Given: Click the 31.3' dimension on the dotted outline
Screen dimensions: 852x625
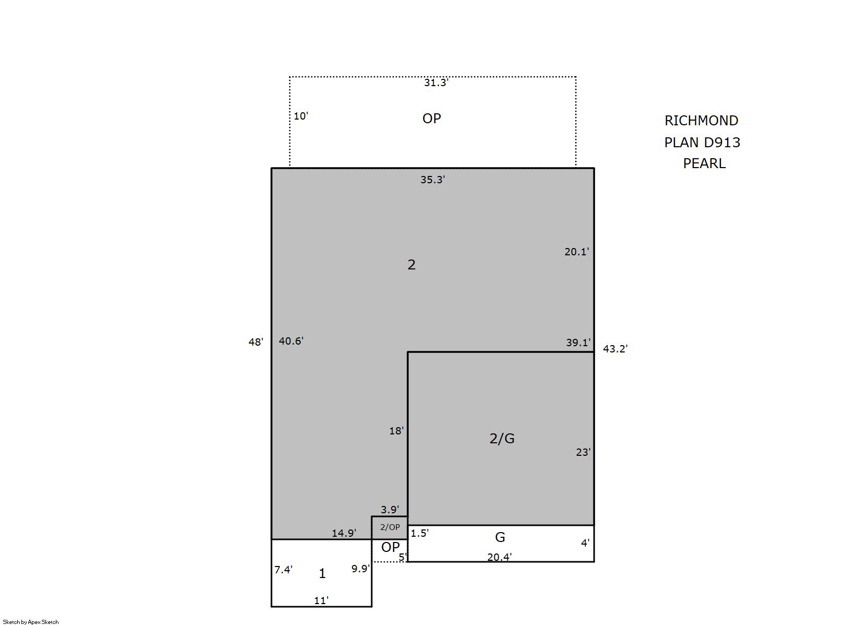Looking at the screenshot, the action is (436, 82).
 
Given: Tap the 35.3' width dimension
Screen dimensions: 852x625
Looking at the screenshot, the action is (432, 180).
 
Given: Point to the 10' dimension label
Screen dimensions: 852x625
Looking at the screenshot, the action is (301, 116).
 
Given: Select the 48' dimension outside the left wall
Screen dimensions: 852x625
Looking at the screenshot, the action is (256, 342).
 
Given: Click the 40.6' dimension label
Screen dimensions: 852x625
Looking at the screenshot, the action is (291, 341).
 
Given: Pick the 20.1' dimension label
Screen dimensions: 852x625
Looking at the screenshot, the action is (577, 252).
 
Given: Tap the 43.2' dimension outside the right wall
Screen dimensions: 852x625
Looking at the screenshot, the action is (615, 348).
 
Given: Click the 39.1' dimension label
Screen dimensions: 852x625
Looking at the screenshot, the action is (578, 343).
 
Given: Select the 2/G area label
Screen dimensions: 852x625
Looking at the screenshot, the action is (502, 439).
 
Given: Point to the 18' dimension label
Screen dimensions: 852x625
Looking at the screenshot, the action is (396, 431).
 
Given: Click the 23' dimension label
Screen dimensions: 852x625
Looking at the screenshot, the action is (583, 452).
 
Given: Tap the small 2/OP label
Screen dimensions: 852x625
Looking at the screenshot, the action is (390, 527).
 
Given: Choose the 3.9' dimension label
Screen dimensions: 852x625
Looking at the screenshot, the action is (390, 510).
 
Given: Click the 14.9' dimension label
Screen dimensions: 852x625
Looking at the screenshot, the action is (344, 533).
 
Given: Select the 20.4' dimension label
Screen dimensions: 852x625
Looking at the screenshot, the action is (500, 557).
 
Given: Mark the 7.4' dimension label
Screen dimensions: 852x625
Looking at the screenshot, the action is (283, 570).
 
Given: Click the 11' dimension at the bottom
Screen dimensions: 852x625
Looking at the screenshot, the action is (321, 600).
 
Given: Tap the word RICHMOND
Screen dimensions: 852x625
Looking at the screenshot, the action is (701, 121).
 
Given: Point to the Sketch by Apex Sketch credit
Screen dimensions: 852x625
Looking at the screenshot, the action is (31, 622).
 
